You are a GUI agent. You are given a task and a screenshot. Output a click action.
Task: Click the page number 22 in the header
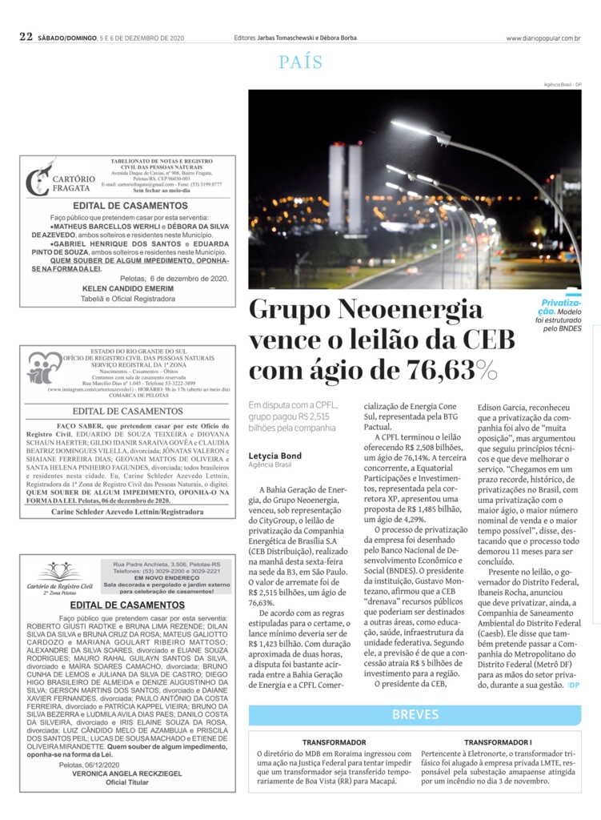(26, 37)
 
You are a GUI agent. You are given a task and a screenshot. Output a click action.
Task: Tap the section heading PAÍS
(300, 62)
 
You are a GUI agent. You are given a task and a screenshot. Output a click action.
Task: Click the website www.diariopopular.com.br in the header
(543, 38)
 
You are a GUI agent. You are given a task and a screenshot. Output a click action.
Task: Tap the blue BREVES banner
(415, 714)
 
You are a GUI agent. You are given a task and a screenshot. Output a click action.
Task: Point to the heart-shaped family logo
(44, 367)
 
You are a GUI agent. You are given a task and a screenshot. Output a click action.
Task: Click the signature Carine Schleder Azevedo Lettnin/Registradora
(127, 510)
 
